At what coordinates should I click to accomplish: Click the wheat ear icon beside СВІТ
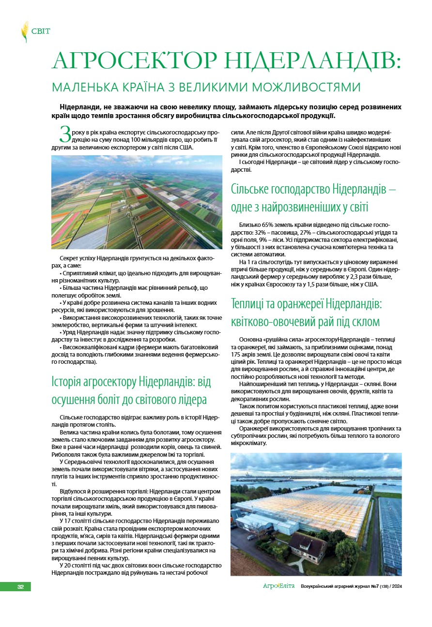point(24,31)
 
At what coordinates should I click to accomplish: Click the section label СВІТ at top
point(41,32)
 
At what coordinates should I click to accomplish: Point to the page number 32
point(21,586)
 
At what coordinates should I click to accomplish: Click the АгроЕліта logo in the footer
point(278,586)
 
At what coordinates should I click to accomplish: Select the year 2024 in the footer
point(396,586)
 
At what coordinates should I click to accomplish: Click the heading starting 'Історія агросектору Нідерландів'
point(131,382)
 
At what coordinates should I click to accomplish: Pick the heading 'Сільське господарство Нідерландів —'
point(313,189)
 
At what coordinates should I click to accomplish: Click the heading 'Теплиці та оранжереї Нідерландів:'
point(307,305)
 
